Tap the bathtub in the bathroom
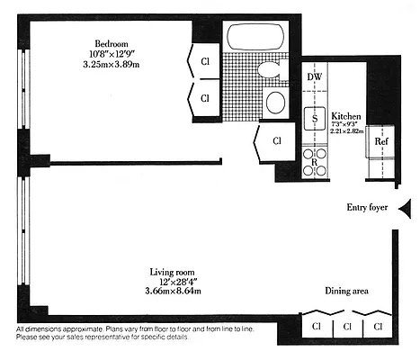coord(255,37)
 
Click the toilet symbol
coord(269,70)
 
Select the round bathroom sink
coord(276,101)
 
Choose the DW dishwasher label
coord(315,77)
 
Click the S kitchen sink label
coord(316,117)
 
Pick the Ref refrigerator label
coord(381,141)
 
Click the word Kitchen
coord(346,117)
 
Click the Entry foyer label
coord(366,208)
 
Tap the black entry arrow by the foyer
coord(405,210)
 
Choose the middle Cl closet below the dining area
coord(347,326)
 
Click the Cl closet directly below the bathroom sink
coord(276,140)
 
